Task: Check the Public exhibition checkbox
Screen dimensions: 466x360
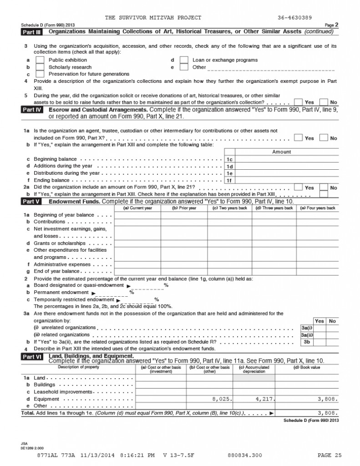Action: pos(40,60)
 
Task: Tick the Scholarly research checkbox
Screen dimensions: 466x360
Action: pos(40,67)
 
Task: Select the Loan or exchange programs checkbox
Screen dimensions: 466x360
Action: pos(184,60)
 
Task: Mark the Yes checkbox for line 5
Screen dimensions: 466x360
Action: pos(299,102)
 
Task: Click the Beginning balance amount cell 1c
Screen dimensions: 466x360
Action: pos(287,159)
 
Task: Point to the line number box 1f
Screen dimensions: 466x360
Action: pos(229,180)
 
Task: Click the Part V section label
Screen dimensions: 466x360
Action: pos(32,201)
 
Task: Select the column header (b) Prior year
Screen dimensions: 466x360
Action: pos(184,208)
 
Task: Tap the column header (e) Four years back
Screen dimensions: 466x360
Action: pos(318,208)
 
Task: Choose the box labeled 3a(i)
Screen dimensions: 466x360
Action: pos(307,328)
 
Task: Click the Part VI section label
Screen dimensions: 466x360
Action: pos(32,358)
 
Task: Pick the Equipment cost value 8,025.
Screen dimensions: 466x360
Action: pos(223,399)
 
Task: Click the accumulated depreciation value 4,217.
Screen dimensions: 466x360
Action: pos(264,399)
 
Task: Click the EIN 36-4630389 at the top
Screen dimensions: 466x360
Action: pos(294,18)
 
